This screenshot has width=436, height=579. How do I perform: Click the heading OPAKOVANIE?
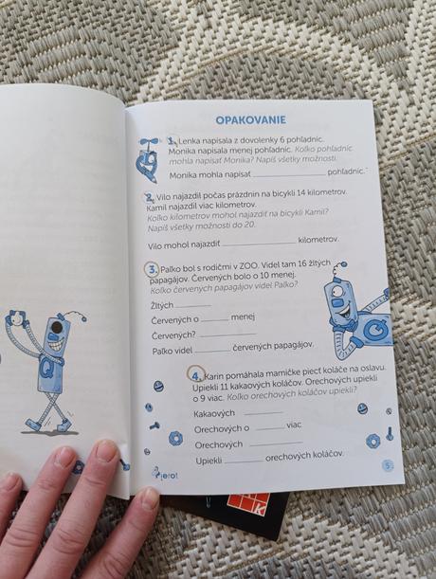tap(251, 119)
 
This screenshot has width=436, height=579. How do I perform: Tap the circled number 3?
tap(154, 268)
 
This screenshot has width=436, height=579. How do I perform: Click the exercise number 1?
tap(173, 140)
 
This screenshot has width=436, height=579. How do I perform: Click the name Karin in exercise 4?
tap(220, 371)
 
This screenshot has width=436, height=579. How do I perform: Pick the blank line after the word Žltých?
tap(194, 305)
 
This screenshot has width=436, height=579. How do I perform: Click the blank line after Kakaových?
tap(263, 412)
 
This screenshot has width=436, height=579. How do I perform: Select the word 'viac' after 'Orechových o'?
tap(294, 425)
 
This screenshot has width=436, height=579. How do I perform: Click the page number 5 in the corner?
tap(387, 464)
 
